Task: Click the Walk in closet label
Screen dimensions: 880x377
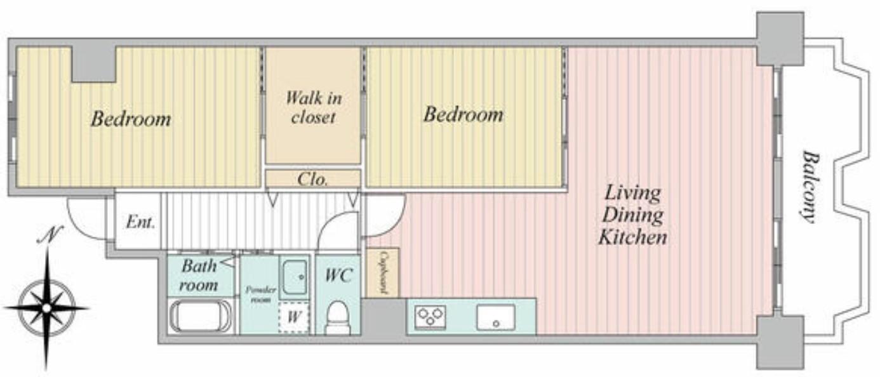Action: (x=314, y=107)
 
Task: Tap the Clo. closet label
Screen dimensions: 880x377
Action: (x=313, y=180)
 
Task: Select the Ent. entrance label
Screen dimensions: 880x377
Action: (x=140, y=223)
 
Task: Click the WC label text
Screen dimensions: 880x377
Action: (x=338, y=275)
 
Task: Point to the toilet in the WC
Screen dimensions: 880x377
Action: (x=338, y=317)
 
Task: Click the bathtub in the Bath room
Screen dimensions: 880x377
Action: (x=201, y=316)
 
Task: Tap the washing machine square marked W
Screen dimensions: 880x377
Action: (x=294, y=317)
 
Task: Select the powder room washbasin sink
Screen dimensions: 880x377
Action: (x=295, y=277)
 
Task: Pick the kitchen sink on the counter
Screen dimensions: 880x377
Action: (x=495, y=317)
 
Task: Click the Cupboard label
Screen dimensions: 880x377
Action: (x=382, y=272)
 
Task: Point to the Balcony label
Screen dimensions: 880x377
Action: (x=810, y=187)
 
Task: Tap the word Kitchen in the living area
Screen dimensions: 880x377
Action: (x=632, y=237)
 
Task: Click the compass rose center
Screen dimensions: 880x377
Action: (x=47, y=308)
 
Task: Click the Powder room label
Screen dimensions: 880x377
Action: (x=260, y=294)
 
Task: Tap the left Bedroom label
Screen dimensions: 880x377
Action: (x=131, y=119)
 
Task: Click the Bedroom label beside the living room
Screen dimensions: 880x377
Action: (x=463, y=114)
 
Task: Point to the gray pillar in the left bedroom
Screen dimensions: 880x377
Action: (x=93, y=64)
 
